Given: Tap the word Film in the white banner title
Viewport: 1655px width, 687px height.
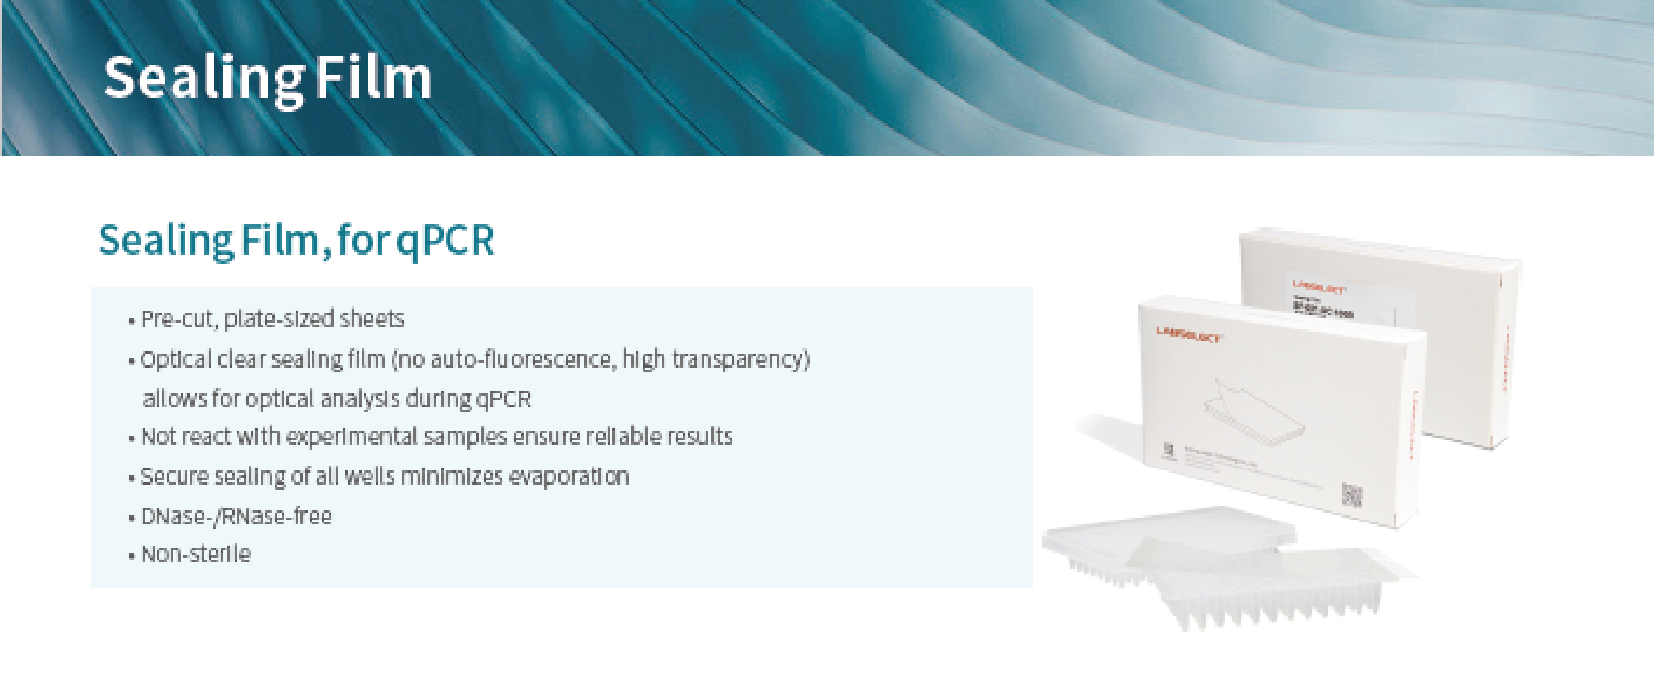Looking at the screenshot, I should [373, 79].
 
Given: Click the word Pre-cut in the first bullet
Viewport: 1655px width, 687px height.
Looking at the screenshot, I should [178, 319].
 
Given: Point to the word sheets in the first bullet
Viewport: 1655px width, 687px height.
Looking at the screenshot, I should [372, 319].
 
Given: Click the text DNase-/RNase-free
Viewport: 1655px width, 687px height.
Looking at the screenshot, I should [236, 516].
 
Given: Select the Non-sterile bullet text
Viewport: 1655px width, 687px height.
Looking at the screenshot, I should [196, 554].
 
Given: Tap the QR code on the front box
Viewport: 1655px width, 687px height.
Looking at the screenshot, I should [1352, 495].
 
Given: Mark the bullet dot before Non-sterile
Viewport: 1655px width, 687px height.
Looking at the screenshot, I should [131, 555].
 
